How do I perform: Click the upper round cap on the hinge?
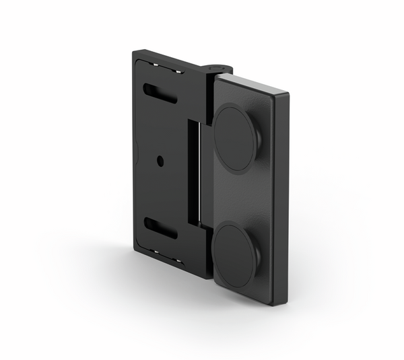236,137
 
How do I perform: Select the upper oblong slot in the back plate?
160,94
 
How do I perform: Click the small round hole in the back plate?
160,161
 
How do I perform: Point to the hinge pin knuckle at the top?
217,69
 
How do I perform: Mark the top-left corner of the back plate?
134,52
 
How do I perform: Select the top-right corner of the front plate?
288,94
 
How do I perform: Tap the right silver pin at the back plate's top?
179,71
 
